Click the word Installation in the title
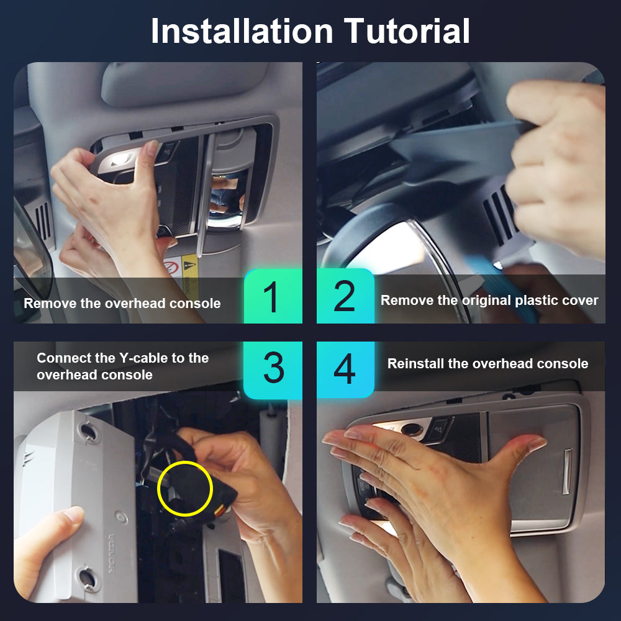point(242,31)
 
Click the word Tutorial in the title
point(407,31)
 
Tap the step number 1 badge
point(273,296)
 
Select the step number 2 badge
point(345,296)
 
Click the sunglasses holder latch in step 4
point(567,471)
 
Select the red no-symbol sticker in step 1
point(172,267)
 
